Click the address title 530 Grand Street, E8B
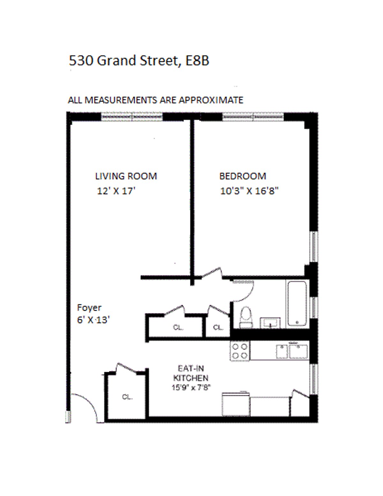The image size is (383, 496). tap(139, 61)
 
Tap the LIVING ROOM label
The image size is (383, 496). tap(126, 176)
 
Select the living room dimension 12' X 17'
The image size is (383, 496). tap(116, 191)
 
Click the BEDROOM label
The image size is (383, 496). tap(243, 176)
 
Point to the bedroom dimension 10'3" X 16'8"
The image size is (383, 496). tap(249, 191)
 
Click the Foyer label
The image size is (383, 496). tap(89, 308)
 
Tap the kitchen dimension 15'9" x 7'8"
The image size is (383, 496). tap(191, 388)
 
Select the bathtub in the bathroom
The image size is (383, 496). tap(297, 303)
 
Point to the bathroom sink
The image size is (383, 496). tap(270, 323)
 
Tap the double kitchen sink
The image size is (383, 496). tap(292, 351)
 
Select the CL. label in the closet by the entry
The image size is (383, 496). tap(127, 397)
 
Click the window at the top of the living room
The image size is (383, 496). tap(132, 117)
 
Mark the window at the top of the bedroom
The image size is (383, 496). tap(253, 117)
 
